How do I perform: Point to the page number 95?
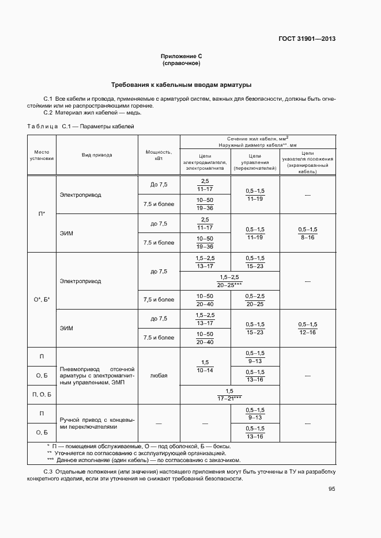tap(332, 489)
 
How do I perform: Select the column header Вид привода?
tap(97, 155)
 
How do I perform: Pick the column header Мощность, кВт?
tap(159, 155)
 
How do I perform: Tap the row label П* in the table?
tap(42, 213)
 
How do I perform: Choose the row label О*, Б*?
tap(42, 299)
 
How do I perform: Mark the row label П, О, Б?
tap(42, 395)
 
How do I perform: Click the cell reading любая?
tap(159, 375)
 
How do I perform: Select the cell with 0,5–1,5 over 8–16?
tap(308, 233)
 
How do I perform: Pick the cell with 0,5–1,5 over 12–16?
tap(308, 329)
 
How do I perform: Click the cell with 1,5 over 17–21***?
tap(229, 394)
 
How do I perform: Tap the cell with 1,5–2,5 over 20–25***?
tap(229, 281)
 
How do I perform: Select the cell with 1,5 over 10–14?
tap(205, 366)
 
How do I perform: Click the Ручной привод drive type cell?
tap(97, 423)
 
